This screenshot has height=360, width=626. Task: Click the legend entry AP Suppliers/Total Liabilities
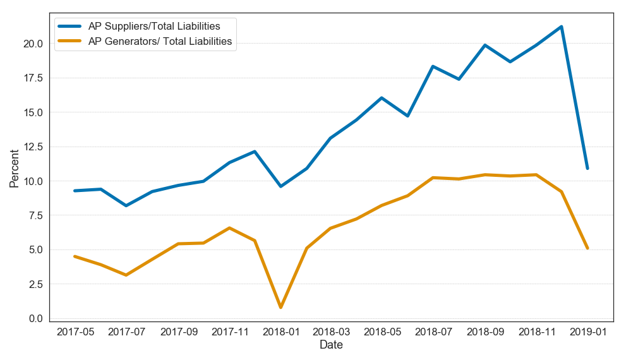[153, 26]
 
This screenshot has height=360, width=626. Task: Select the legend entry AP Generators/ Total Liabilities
[160, 42]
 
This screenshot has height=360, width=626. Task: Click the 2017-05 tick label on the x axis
[75, 332]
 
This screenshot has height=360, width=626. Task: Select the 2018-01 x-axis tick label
[280, 332]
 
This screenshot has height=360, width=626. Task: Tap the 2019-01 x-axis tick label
[587, 332]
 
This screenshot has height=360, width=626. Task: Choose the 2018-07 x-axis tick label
[434, 332]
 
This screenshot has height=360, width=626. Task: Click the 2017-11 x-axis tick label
[229, 332]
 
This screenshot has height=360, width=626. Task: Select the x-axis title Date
[331, 345]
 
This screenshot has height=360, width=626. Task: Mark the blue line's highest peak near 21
[561, 27]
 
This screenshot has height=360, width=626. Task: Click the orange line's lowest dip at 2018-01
[280, 308]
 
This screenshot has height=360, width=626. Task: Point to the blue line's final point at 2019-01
[587, 168]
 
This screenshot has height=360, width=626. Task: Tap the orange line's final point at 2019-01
[587, 248]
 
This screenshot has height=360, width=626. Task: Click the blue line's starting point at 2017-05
[75, 191]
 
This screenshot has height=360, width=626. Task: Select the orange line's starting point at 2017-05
[75, 256]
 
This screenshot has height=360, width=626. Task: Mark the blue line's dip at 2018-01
[280, 186]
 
